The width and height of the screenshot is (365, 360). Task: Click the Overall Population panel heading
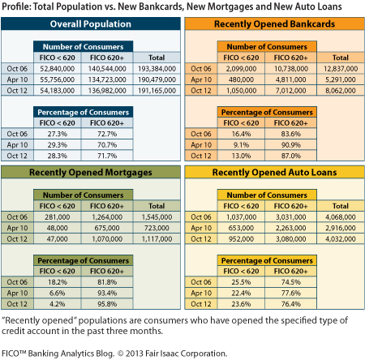pyautogui.click(x=91, y=24)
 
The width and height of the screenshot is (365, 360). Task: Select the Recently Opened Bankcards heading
pyautogui.click(x=274, y=24)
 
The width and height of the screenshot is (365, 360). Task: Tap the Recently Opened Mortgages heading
pyautogui.click(x=91, y=173)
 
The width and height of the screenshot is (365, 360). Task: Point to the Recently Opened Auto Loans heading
pyautogui.click(x=274, y=173)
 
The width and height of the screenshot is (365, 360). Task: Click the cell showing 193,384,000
pyautogui.click(x=157, y=69)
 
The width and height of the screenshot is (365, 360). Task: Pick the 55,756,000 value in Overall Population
pyautogui.click(x=57, y=79)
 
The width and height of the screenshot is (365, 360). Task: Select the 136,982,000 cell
pyautogui.click(x=107, y=91)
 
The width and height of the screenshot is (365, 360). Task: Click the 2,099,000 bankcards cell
pyautogui.click(x=241, y=69)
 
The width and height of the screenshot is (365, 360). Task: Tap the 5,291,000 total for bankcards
pyautogui.click(x=341, y=79)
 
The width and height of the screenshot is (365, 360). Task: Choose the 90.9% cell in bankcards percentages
pyautogui.click(x=291, y=145)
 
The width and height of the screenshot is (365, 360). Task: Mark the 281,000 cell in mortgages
pyautogui.click(x=57, y=217)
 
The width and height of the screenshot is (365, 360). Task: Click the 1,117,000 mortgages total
pyautogui.click(x=157, y=239)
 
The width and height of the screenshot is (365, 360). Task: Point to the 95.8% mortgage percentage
pyautogui.click(x=107, y=304)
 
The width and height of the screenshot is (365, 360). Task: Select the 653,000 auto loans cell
pyautogui.click(x=241, y=228)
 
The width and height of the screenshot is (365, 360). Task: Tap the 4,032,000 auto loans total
pyautogui.click(x=341, y=239)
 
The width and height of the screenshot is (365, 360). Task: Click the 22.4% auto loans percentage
pyautogui.click(x=241, y=293)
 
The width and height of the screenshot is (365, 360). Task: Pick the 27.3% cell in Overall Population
pyautogui.click(x=57, y=134)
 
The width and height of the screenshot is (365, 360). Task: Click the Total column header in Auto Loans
pyautogui.click(x=341, y=206)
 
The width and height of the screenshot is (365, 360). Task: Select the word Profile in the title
pyautogui.click(x=16, y=6)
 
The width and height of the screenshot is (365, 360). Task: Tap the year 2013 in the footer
pyautogui.click(x=135, y=354)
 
